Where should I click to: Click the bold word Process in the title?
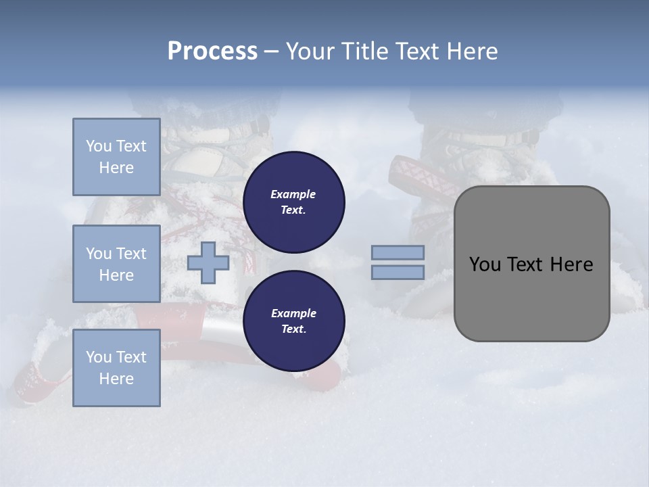pos(212,51)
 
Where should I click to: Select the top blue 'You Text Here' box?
pos(116,157)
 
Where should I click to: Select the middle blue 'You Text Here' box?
pos(116,264)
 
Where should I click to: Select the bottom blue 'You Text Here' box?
pos(116,368)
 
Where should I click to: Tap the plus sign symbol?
pos(208,263)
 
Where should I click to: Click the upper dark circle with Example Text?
pos(293,202)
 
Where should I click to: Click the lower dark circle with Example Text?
pos(293,321)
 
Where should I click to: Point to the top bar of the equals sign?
pos(398,253)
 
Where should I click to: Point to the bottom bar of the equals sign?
pos(398,273)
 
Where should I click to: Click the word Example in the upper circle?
pos(293,195)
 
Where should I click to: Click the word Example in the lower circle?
pos(293,314)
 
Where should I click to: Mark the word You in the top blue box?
pos(99,146)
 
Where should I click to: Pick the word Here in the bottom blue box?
pos(116,379)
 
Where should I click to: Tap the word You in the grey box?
pos(484,264)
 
